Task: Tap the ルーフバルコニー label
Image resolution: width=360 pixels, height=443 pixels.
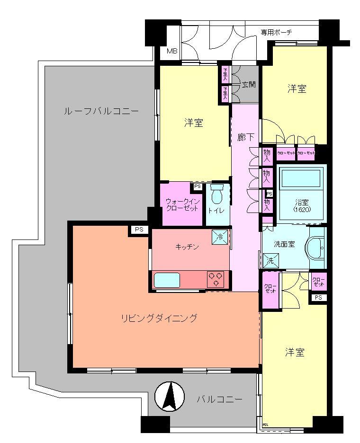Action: pyautogui.click(x=101, y=111)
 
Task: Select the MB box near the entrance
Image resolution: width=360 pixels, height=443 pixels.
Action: pyautogui.click(x=172, y=51)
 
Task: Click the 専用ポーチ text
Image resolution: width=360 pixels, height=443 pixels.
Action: pyautogui.click(x=276, y=32)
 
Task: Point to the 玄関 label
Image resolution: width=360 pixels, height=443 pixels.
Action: pyautogui.click(x=249, y=85)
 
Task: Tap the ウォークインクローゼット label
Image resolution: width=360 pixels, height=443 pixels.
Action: pyautogui.click(x=183, y=205)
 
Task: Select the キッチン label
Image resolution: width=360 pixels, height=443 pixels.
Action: pyautogui.click(x=187, y=246)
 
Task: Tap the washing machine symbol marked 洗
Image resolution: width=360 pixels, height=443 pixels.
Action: pyautogui.click(x=271, y=260)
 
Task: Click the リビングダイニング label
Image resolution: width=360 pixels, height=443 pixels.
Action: pyautogui.click(x=158, y=318)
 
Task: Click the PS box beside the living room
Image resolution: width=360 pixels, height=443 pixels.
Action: pyautogui.click(x=139, y=230)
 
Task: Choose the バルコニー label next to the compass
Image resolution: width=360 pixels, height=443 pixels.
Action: pyautogui.click(x=219, y=399)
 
